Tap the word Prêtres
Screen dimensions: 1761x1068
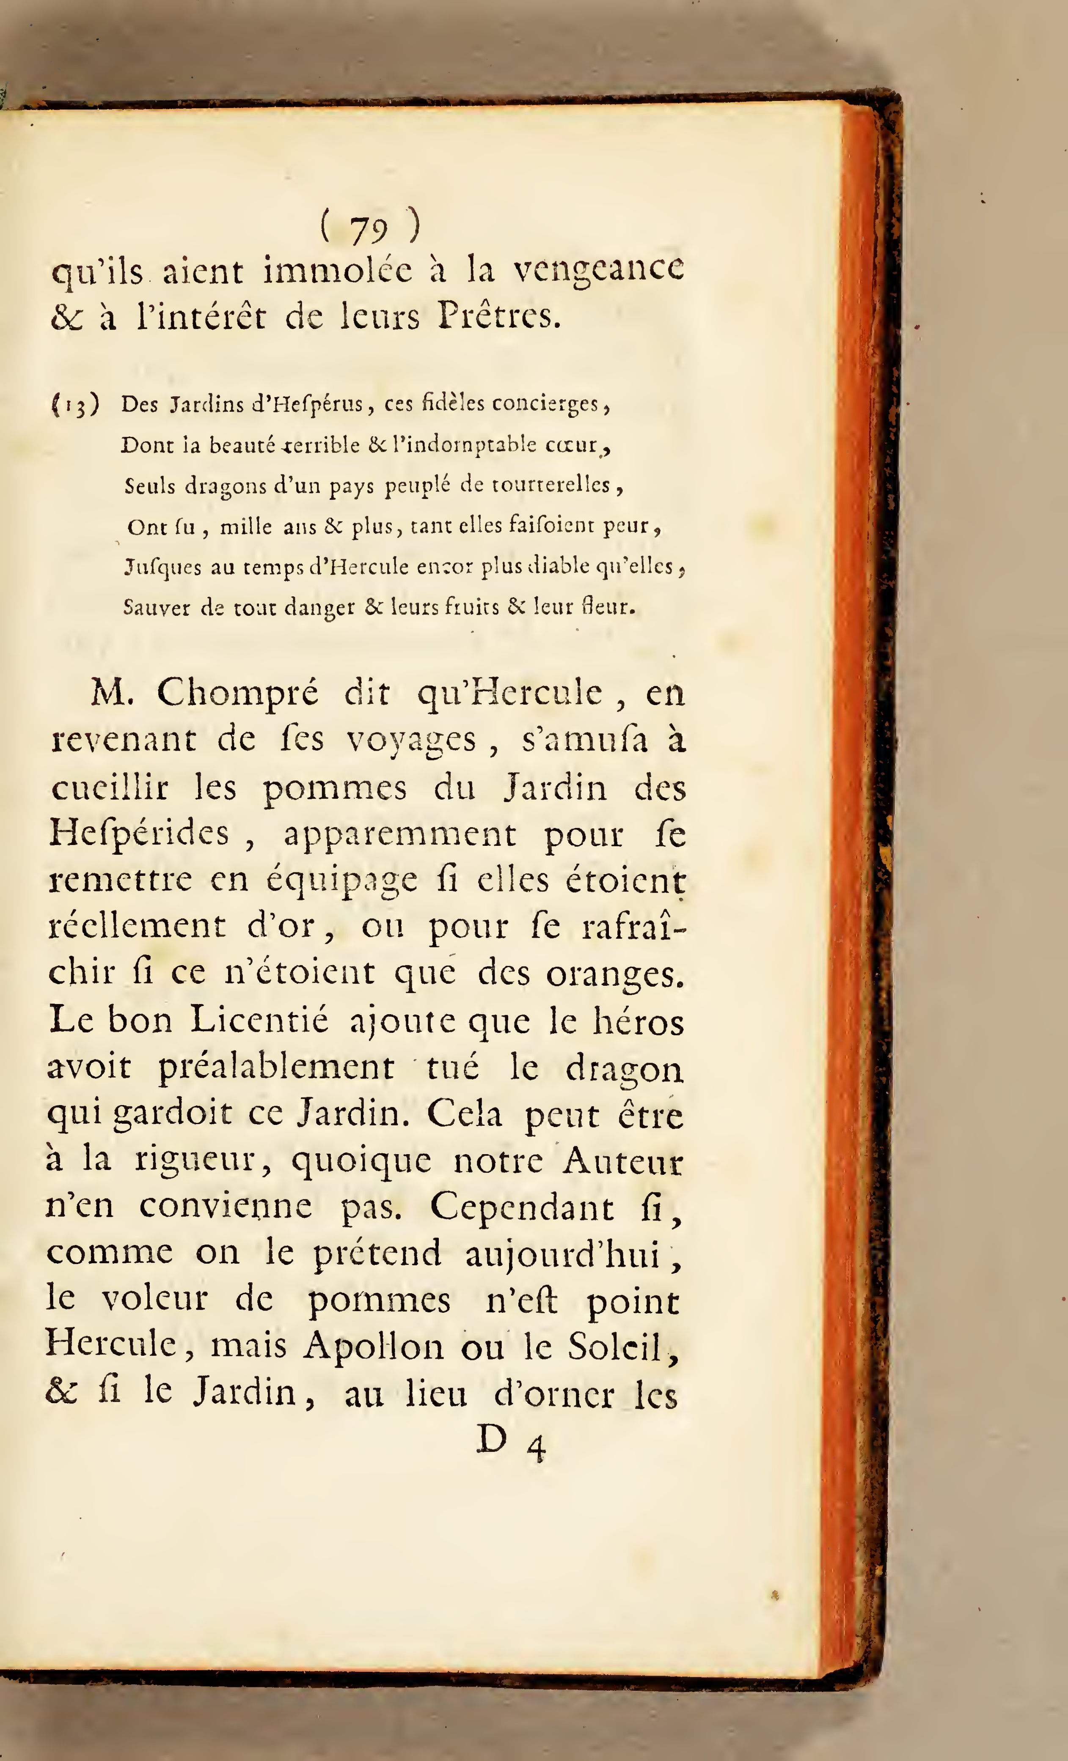[x=499, y=316]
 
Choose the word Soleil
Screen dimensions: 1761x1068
[x=622, y=1347]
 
